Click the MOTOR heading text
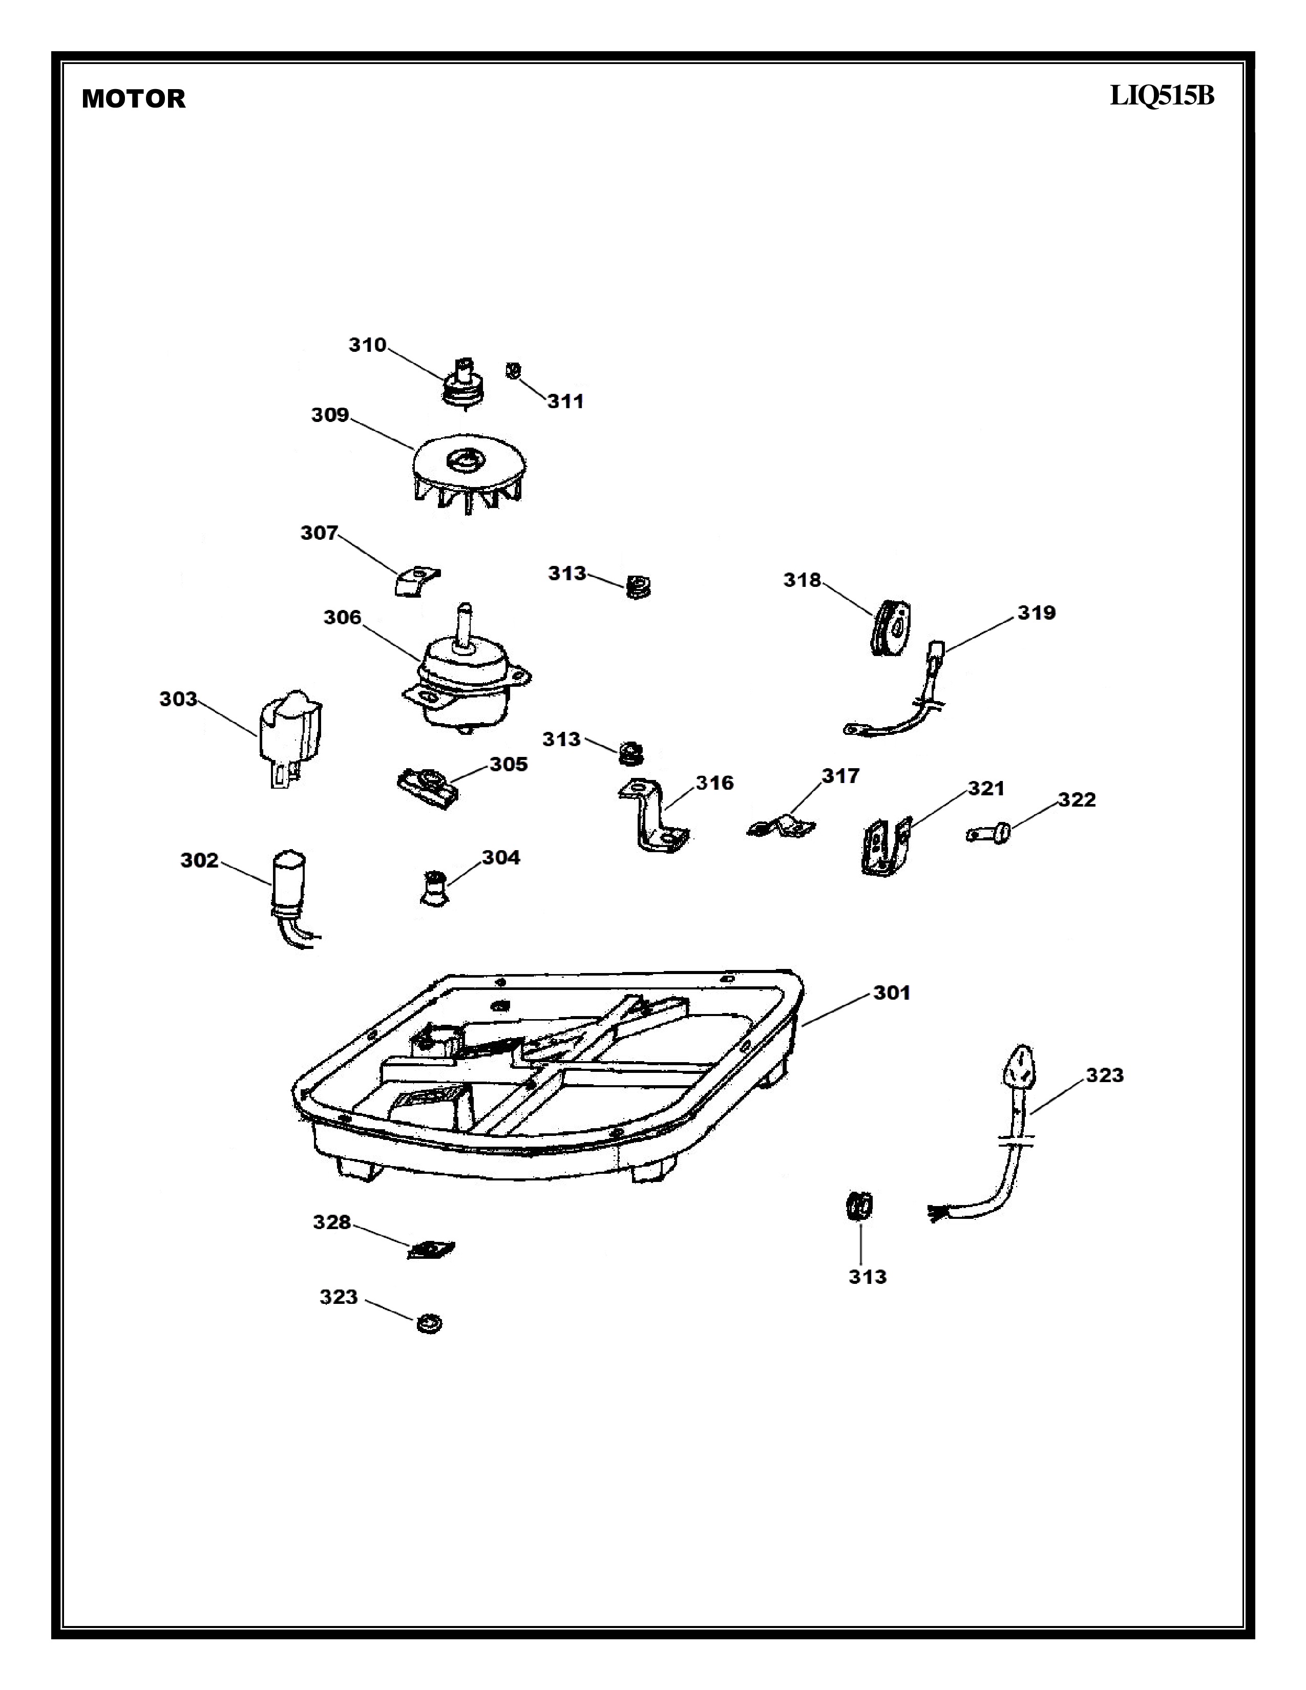(133, 99)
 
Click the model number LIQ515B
(1162, 96)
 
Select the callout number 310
(367, 345)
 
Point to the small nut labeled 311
(512, 371)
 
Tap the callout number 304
(500, 857)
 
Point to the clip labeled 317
(782, 827)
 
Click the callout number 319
(1036, 613)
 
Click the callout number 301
(891, 993)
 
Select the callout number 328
(331, 1222)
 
